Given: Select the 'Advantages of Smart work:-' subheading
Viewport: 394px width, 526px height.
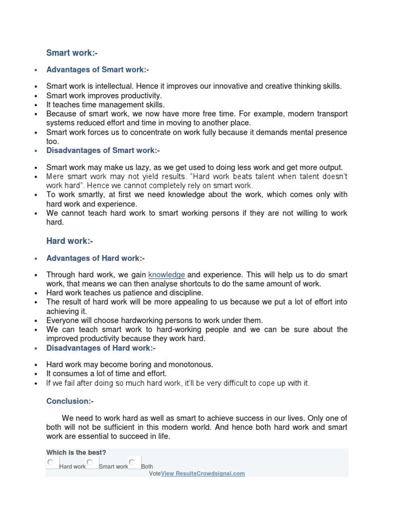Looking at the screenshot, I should tap(97, 70).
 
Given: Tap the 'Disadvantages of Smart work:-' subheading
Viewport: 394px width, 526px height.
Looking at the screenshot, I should tap(103, 151).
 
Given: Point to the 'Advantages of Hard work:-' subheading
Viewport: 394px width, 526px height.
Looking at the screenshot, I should tap(95, 258).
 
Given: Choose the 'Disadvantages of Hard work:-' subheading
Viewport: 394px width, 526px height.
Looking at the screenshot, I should tap(101, 348).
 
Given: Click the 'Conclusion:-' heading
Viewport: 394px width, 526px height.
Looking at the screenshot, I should tap(70, 401).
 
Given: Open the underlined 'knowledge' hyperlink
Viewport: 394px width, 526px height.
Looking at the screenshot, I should tap(167, 275).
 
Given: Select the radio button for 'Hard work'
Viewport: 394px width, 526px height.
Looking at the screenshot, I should tap(50, 462).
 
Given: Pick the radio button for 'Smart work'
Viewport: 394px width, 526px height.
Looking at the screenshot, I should tap(90, 462).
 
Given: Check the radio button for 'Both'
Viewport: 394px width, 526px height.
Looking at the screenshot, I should tap(132, 462).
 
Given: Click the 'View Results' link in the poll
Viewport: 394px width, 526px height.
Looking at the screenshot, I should tap(180, 474).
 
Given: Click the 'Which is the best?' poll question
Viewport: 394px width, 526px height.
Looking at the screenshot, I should tap(76, 453).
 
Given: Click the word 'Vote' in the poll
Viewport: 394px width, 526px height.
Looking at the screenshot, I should tap(155, 474).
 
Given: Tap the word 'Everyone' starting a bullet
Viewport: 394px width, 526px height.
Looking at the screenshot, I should tap(62, 320).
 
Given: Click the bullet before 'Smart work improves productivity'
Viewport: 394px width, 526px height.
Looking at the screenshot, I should tap(35, 96).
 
